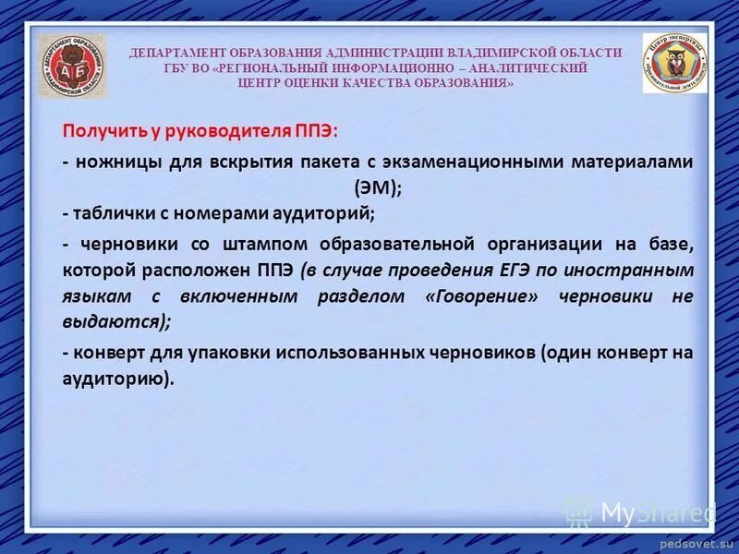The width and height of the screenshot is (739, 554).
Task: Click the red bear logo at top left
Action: [71, 66]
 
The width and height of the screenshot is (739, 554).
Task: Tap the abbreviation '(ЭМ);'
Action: [378, 187]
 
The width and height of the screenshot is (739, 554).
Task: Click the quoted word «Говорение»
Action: [481, 296]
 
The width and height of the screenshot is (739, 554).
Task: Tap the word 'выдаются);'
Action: [117, 321]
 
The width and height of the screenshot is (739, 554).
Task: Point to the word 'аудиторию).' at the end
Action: [117, 378]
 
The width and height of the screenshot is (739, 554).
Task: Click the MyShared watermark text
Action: [656, 511]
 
